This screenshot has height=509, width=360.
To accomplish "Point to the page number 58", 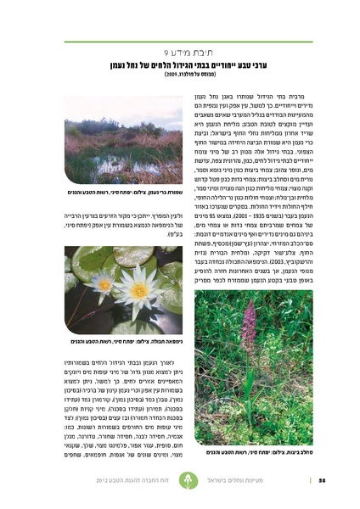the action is click(x=323, y=484).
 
